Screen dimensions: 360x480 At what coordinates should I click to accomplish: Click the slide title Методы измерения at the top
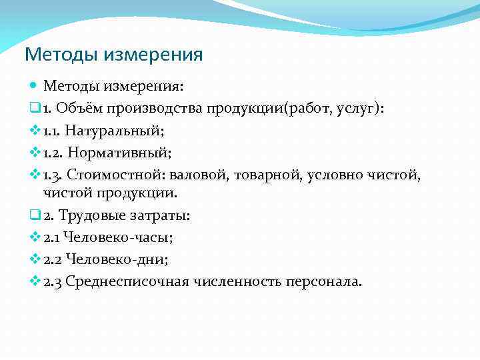113,54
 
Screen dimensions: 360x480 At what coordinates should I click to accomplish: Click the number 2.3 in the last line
53,281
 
